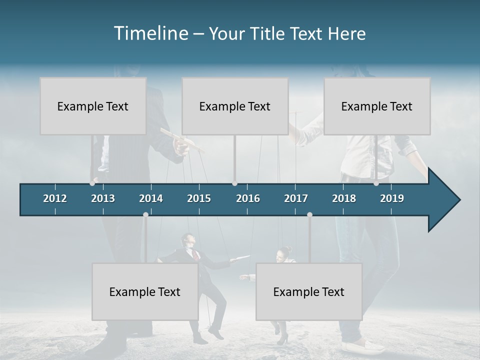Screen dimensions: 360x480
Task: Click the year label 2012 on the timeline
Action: click(x=55, y=198)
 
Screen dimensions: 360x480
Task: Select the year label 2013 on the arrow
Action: click(x=103, y=198)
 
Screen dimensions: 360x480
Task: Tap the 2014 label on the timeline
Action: click(x=151, y=198)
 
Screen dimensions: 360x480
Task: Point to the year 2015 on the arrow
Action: click(x=199, y=198)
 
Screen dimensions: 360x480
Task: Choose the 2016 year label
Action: click(x=248, y=198)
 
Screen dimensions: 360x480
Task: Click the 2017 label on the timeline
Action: click(x=296, y=198)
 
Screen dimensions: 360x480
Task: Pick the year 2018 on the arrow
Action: click(x=344, y=198)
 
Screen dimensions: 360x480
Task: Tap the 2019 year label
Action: click(x=392, y=198)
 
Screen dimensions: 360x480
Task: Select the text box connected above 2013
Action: click(x=93, y=106)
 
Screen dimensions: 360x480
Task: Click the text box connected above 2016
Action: click(x=235, y=106)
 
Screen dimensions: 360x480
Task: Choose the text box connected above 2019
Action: click(x=377, y=106)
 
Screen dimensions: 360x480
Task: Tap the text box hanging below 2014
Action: click(x=145, y=291)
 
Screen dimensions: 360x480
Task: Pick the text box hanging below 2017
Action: click(x=309, y=291)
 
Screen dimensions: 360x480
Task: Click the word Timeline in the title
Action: click(x=150, y=33)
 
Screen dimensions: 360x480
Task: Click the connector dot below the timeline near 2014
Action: click(x=145, y=214)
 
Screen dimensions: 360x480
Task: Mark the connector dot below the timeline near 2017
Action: click(x=309, y=214)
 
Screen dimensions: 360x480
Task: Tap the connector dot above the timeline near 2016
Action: click(x=235, y=183)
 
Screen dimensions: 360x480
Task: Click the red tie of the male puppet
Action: click(x=196, y=255)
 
